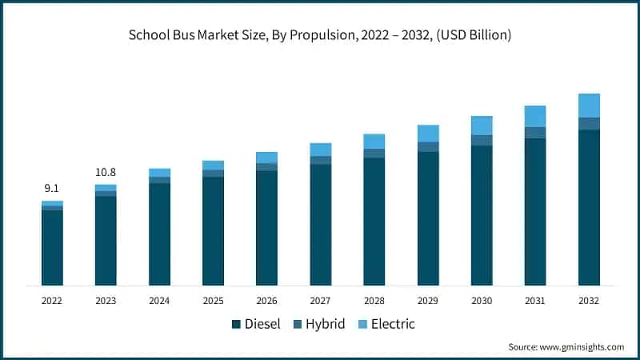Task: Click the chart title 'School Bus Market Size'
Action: pos(320,35)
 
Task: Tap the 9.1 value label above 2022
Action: pos(52,188)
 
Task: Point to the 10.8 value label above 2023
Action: pos(106,172)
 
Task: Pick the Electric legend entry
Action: pos(388,324)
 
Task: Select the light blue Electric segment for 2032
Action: pos(589,106)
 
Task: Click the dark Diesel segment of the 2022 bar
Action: pos(52,247)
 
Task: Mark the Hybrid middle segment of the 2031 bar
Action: pos(535,133)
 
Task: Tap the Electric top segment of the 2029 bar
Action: pos(428,134)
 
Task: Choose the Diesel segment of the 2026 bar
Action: pos(266,228)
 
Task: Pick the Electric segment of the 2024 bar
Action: pos(159,173)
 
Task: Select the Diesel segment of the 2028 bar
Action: pos(374,222)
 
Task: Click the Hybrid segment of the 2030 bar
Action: pos(482,140)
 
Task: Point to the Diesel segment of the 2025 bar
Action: pos(213,231)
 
